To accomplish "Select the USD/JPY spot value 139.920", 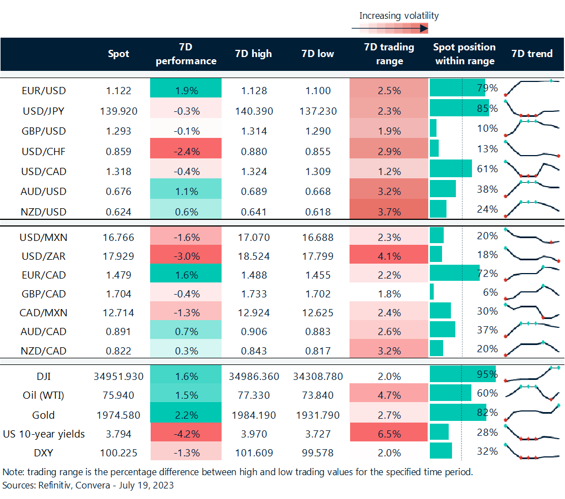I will click(118, 111).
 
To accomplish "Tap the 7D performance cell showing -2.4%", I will click(186, 151).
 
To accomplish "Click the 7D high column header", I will click(253, 54).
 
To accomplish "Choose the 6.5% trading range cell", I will click(389, 434).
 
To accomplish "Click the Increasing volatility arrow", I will click(390, 28).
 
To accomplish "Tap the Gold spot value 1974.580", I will click(118, 415).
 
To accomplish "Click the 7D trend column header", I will click(531, 54).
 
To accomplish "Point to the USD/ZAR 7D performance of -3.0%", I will click(186, 256).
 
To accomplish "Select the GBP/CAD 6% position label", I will click(487, 292).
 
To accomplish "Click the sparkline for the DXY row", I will click(531, 452).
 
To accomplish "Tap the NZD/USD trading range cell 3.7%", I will click(389, 212).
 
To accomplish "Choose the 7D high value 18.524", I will click(253, 256).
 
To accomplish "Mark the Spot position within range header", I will click(464, 54).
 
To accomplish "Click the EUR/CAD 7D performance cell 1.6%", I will click(186, 274).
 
